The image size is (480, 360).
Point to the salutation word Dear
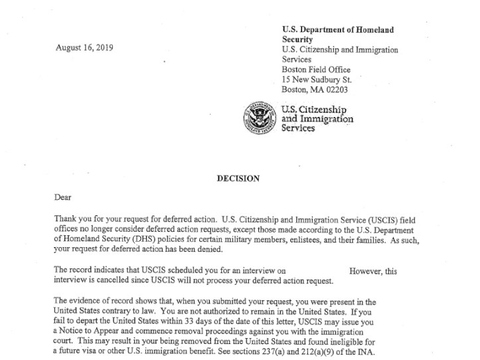click(62, 197)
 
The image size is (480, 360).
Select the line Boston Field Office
click(316, 69)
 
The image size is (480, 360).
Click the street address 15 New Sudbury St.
click(317, 79)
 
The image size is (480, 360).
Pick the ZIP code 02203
click(335, 89)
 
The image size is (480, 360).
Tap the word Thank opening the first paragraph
click(65, 219)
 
